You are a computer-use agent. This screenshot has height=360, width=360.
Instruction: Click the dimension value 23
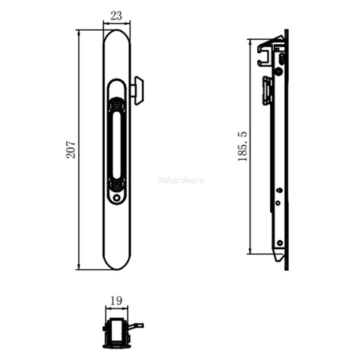point(117,14)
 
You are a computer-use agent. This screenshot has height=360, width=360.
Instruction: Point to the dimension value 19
point(116,301)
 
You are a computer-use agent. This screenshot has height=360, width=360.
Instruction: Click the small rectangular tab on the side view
point(266,91)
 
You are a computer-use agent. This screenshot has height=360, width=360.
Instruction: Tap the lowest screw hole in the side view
point(280,243)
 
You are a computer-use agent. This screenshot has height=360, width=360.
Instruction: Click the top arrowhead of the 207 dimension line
point(79,32)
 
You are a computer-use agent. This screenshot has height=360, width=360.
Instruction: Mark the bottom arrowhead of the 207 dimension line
point(79,268)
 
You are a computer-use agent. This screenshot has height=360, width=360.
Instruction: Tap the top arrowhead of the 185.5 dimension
point(250,41)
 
